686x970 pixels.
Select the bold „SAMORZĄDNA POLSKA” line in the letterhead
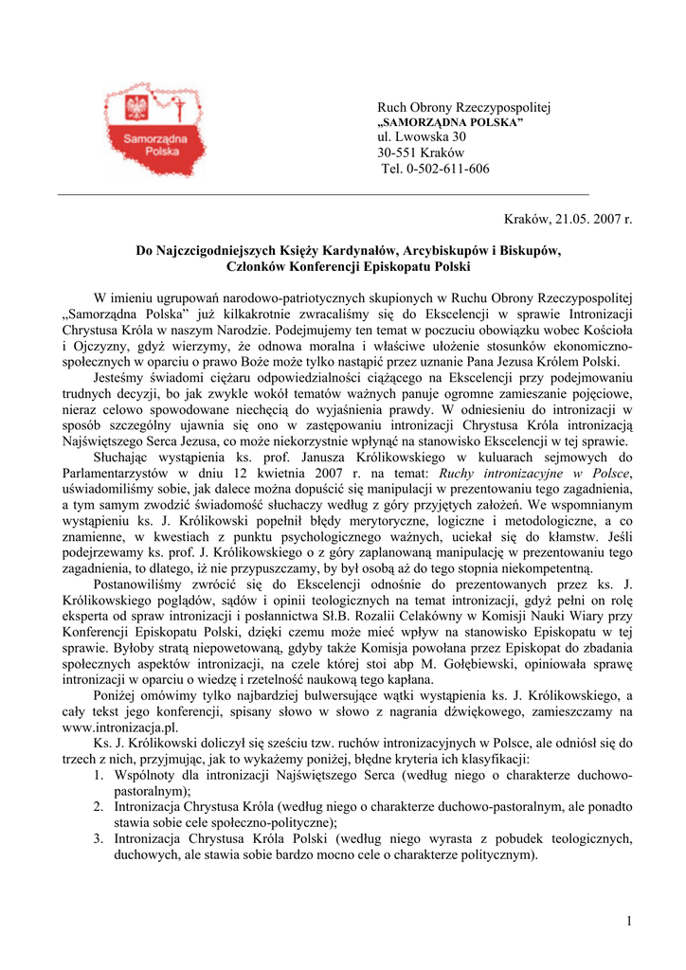[450, 124]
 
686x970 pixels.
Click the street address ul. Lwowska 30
[422, 138]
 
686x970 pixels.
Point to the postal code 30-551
[397, 153]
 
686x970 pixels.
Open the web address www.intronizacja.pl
[119, 727]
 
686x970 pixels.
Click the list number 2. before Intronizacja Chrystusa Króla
[99, 806]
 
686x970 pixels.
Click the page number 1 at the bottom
[628, 919]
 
